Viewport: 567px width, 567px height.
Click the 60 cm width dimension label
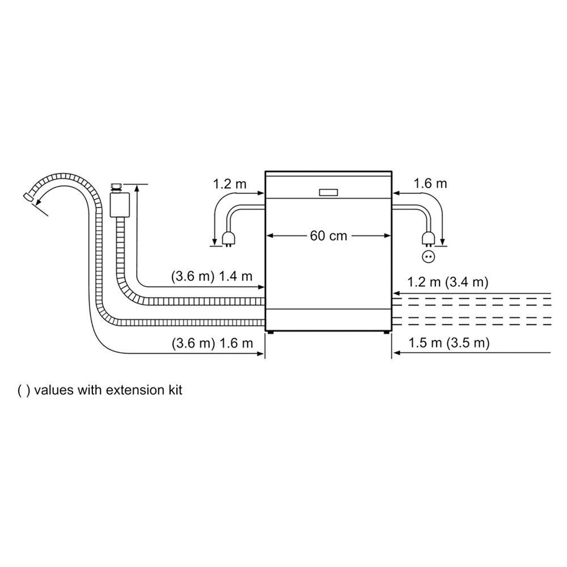[x=328, y=236]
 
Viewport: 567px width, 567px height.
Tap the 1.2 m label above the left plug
[x=230, y=184]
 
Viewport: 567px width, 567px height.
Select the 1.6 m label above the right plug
[x=430, y=183]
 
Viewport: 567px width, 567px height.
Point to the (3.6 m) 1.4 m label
[x=211, y=276]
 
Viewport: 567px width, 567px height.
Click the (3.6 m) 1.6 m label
[x=212, y=343]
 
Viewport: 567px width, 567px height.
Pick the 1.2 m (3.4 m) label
[x=448, y=281]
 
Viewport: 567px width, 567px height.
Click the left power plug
[x=228, y=239]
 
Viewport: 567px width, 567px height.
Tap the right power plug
[x=428, y=239]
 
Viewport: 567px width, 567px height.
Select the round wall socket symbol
[x=429, y=256]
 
